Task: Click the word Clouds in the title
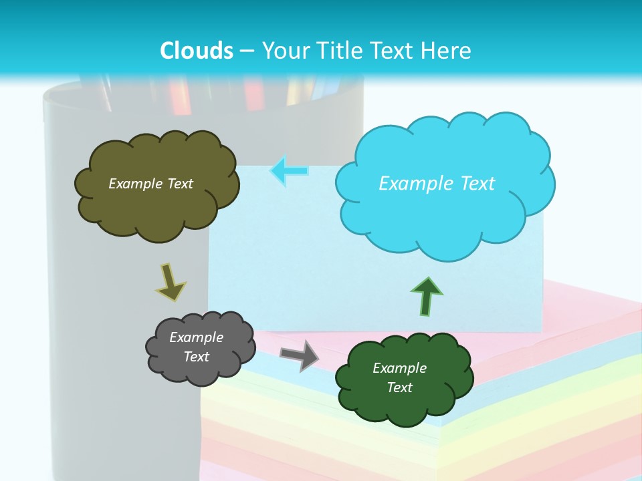click(x=196, y=51)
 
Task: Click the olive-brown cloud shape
click(x=156, y=207)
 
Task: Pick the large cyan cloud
click(x=445, y=214)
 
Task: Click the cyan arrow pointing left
click(x=289, y=170)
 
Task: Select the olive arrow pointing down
click(x=170, y=282)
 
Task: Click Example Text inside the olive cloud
click(x=150, y=184)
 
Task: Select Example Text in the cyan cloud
click(x=437, y=184)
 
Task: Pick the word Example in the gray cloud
click(x=196, y=337)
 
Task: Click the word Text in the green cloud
click(x=399, y=387)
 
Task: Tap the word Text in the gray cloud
click(x=196, y=357)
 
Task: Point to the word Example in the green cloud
click(x=399, y=368)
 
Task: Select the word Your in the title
click(x=284, y=51)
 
